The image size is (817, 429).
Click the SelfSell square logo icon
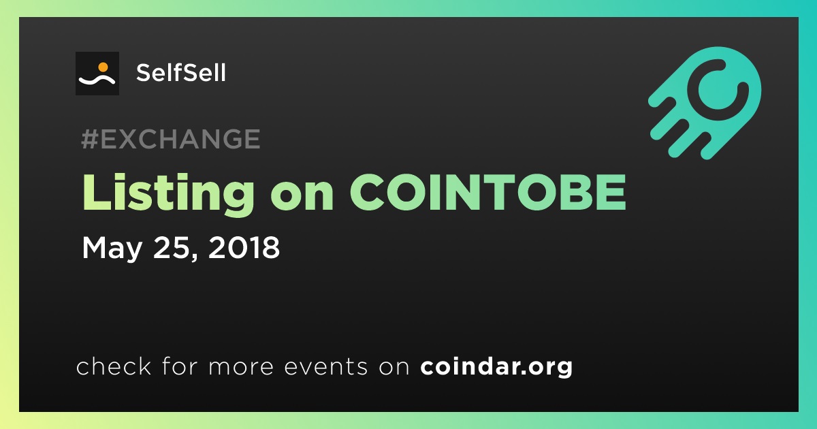pyautogui.click(x=97, y=74)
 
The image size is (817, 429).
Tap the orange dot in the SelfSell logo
pyautogui.click(x=103, y=67)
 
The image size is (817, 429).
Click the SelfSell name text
pyautogui.click(x=181, y=73)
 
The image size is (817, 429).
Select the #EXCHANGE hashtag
pyautogui.click(x=171, y=139)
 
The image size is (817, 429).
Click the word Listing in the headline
pyautogui.click(x=168, y=193)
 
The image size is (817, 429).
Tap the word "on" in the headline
pyautogui.click(x=302, y=199)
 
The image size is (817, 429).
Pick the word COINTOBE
pyautogui.click(x=488, y=192)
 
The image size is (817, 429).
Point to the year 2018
pyautogui.click(x=244, y=247)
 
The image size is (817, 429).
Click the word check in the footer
pyautogui.click(x=114, y=366)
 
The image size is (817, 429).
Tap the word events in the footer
pyautogui.click(x=325, y=366)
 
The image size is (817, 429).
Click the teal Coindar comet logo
pyautogui.click(x=705, y=104)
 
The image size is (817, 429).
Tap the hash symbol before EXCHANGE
pyautogui.click(x=89, y=139)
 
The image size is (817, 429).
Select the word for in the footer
pyautogui.click(x=180, y=366)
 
